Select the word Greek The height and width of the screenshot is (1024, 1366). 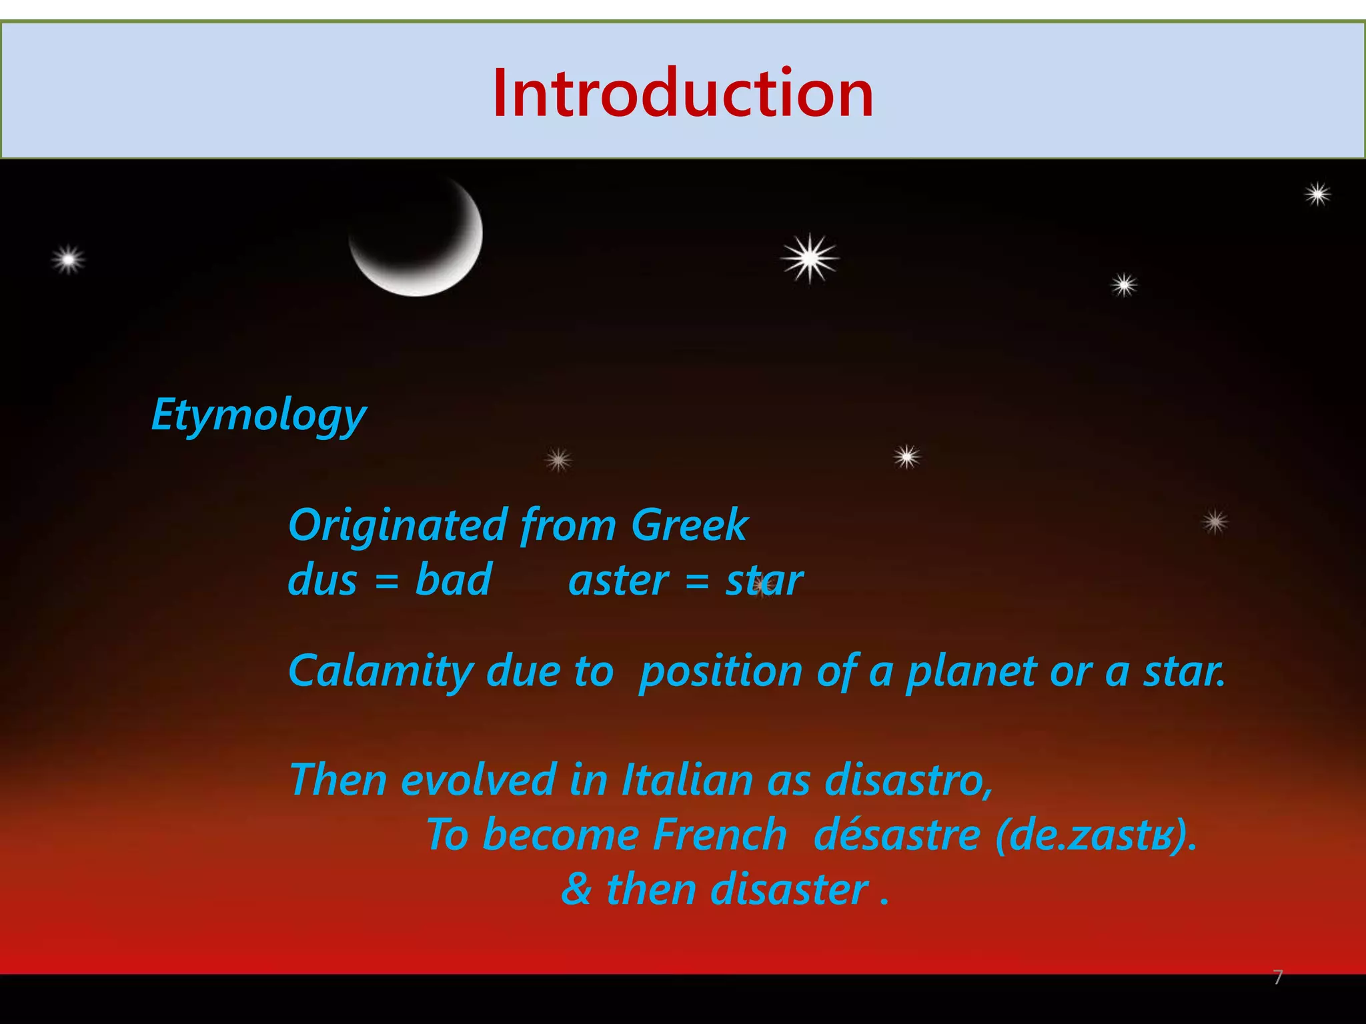tap(690, 525)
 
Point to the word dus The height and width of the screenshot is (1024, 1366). tap(322, 580)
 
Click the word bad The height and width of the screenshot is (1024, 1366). tap(454, 580)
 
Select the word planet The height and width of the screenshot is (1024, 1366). tap(973, 672)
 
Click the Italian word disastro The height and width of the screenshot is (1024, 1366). tap(908, 780)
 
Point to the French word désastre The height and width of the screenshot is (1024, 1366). tap(897, 835)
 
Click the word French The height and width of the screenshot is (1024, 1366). tap(720, 835)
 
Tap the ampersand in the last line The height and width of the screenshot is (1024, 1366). tap(576, 890)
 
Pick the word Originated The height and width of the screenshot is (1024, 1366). tap(398, 525)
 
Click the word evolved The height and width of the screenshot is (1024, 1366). tap(478, 780)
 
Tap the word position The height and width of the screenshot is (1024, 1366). tap(720, 672)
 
